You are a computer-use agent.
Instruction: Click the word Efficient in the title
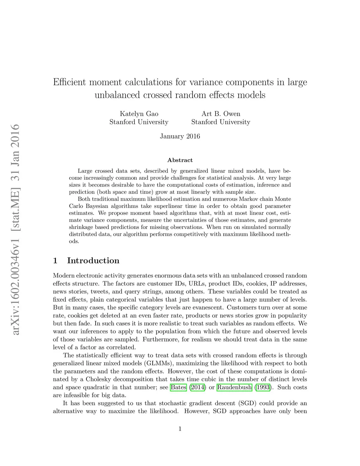coord(70,82)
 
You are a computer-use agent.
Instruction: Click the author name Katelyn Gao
coord(139,114)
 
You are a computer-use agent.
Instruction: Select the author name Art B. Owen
coord(221,114)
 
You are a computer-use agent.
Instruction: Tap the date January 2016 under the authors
coord(180,136)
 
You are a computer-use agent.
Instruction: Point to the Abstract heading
coord(180,160)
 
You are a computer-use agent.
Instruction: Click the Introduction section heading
coord(93,261)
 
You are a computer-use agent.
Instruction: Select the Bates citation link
coord(178,388)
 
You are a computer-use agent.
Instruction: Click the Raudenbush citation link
coord(234,388)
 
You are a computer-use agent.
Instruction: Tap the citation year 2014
coord(197,388)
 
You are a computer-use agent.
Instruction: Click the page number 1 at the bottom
coord(180,429)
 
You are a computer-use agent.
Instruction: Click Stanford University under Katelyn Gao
coord(139,122)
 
